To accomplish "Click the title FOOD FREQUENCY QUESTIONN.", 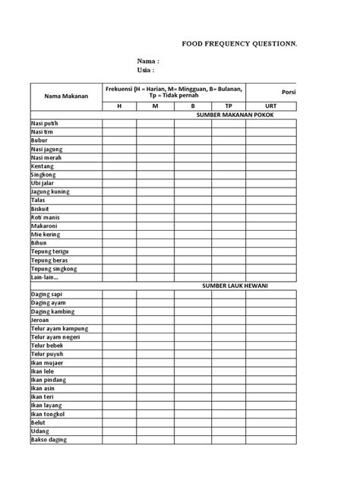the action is (239, 44).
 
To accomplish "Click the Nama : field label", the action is (148, 61).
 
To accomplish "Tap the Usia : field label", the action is (147, 71).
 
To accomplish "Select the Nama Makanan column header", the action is (66, 96).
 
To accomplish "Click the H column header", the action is (118, 106).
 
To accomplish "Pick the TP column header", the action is (229, 106).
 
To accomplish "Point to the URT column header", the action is (271, 106).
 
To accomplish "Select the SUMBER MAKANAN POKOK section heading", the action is (235, 115).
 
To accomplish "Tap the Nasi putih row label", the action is (45, 124).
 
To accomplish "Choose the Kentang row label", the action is (43, 166).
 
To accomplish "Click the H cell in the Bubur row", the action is (118, 141).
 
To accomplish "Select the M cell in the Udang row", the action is (156, 431).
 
